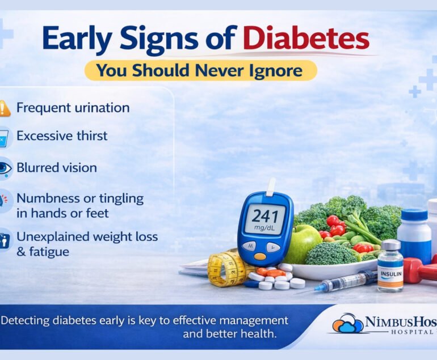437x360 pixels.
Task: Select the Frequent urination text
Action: [73, 108]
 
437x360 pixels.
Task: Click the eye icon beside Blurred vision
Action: [5, 168]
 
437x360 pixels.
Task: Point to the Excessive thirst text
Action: [62, 136]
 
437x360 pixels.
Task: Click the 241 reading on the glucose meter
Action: [264, 216]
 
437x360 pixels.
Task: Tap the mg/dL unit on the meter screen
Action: [264, 228]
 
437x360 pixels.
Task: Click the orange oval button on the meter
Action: [260, 256]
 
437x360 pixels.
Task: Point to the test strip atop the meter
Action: [270, 187]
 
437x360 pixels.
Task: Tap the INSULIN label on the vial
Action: [391, 274]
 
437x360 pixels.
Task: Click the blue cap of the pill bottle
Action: [414, 215]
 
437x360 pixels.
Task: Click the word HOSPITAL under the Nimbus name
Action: [412, 332]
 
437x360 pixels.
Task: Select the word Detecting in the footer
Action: [26, 321]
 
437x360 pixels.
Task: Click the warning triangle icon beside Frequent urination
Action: [5, 108]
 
